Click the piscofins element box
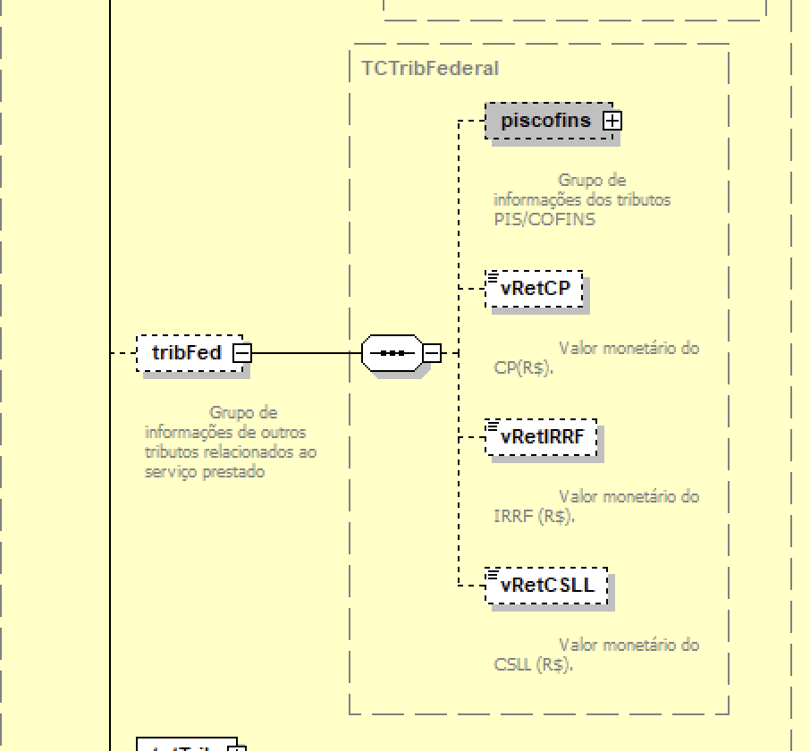pyautogui.click(x=545, y=121)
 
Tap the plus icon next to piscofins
pyautogui.click(x=612, y=121)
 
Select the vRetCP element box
pyautogui.click(x=535, y=289)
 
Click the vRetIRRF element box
pyautogui.click(x=542, y=437)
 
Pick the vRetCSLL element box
pyautogui.click(x=547, y=586)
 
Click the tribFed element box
pyautogui.click(x=186, y=353)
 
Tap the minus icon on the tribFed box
pyautogui.click(x=241, y=353)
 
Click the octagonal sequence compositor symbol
pyautogui.click(x=390, y=353)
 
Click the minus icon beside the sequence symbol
pyautogui.click(x=431, y=353)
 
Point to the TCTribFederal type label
pyautogui.click(x=430, y=68)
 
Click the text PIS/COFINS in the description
pyautogui.click(x=544, y=219)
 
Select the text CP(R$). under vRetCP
pyautogui.click(x=523, y=367)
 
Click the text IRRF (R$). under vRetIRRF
pyautogui.click(x=534, y=516)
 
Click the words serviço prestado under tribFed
pyautogui.click(x=205, y=472)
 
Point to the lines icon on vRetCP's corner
pyautogui.click(x=492, y=276)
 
